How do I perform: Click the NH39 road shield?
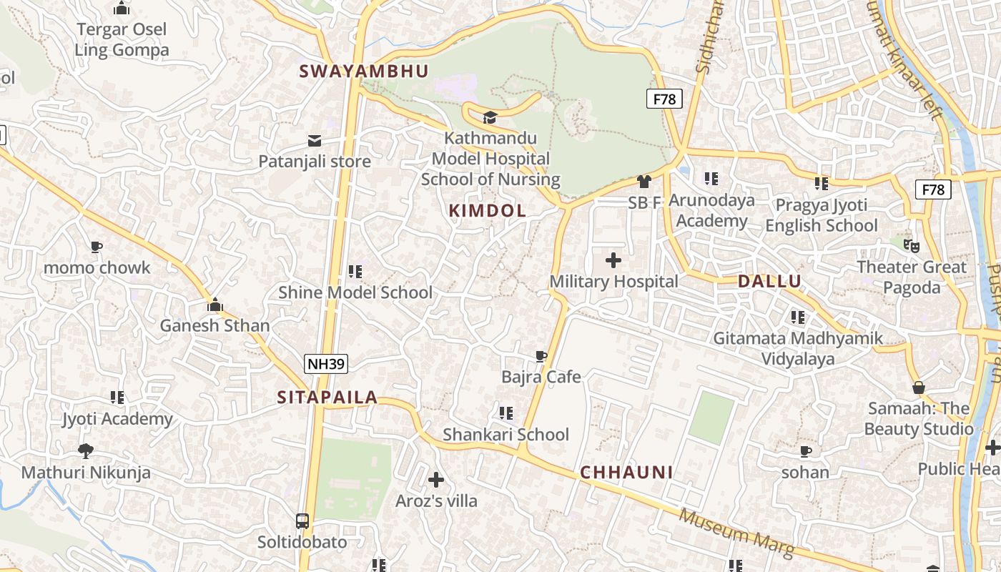tap(326, 364)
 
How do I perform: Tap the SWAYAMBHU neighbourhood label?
tap(364, 71)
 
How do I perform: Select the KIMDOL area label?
tap(487, 210)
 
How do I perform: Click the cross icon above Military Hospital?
tap(613, 260)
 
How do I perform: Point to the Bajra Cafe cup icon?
tap(541, 356)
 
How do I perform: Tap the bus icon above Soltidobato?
tap(302, 521)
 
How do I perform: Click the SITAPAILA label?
tap(327, 398)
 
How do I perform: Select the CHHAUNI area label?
tap(626, 472)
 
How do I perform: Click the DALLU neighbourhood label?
tap(769, 281)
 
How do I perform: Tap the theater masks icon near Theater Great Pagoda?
tap(911, 246)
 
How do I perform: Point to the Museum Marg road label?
tap(736, 533)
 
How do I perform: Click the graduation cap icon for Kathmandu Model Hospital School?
tap(490, 117)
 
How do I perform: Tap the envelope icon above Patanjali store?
tap(315, 140)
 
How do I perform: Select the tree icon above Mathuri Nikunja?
tap(86, 451)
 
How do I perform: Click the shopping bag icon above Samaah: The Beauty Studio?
tap(919, 388)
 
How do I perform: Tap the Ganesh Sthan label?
tap(214, 325)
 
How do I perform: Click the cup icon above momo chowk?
tap(97, 247)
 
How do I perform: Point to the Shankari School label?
tap(506, 434)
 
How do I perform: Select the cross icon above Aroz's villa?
tap(436, 479)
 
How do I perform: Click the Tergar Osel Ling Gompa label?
tap(122, 39)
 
